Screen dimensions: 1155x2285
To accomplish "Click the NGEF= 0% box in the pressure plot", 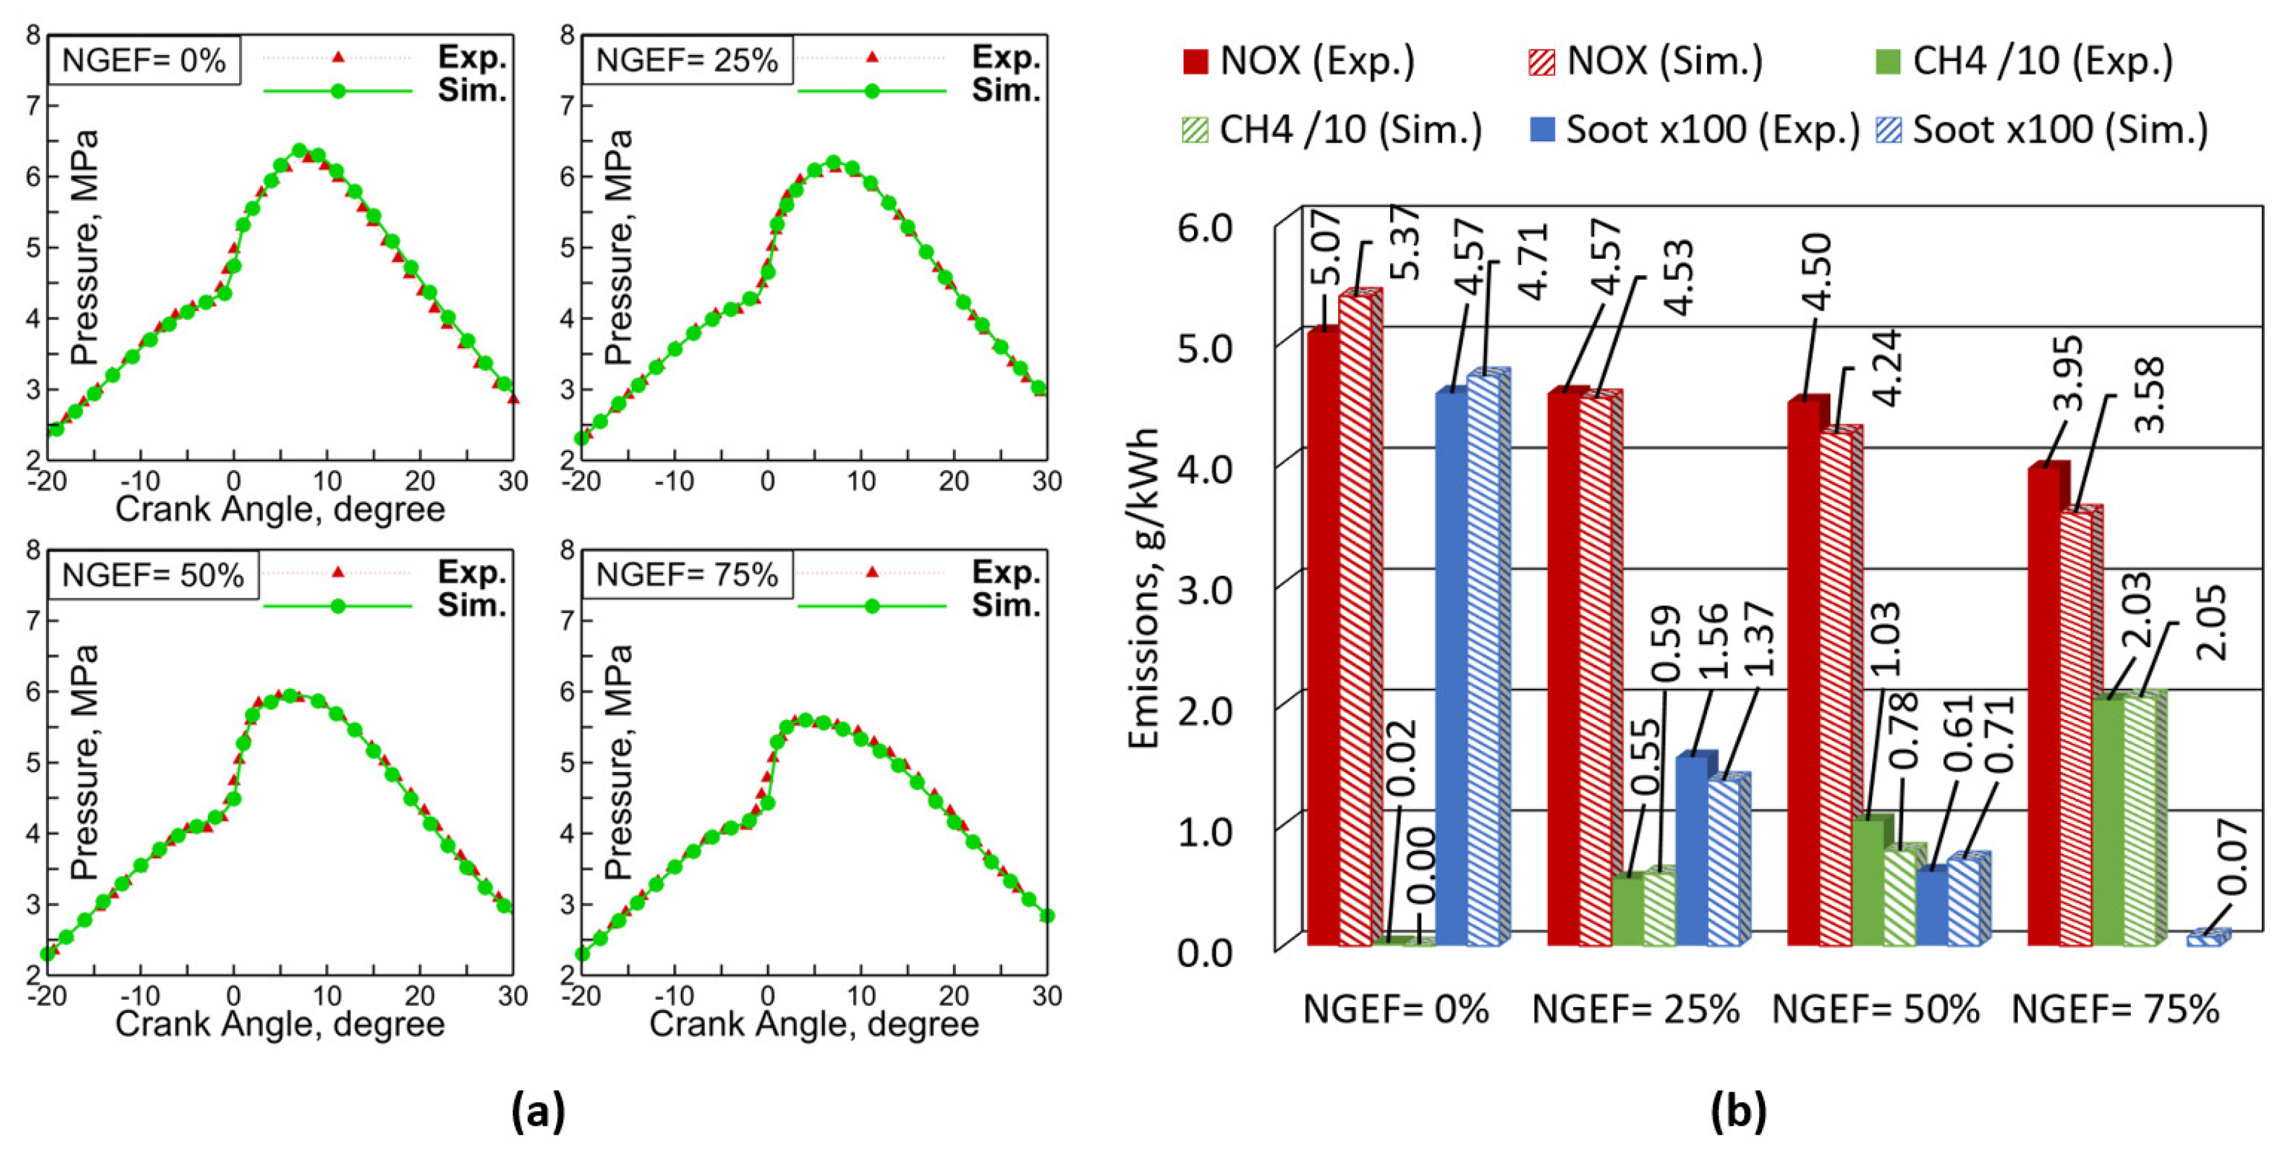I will click(144, 61).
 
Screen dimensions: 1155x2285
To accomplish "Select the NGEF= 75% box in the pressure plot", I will click(687, 575).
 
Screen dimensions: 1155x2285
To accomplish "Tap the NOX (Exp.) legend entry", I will click(1300, 61).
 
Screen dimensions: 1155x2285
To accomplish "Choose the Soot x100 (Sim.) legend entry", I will click(2041, 130).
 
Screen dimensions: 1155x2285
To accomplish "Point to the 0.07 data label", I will click(2234, 856).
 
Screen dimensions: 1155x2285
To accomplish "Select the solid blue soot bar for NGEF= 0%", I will click(1450, 666).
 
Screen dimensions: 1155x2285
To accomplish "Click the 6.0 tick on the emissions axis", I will click(1204, 228).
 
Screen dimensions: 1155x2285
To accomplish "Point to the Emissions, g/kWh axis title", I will click(1145, 590).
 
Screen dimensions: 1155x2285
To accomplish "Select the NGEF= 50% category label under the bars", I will click(1875, 1009).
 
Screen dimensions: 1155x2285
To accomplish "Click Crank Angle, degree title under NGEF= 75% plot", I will click(813, 1025).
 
